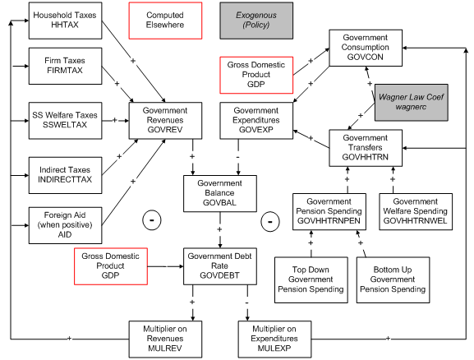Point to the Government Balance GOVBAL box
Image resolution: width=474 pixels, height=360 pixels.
pyautogui.click(x=219, y=194)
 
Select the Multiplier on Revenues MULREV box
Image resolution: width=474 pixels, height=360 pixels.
pyautogui.click(x=165, y=337)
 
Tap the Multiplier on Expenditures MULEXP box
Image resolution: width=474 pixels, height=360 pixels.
pyautogui.click(x=274, y=337)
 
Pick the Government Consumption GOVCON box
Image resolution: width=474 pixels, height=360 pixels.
pyautogui.click(x=365, y=48)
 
